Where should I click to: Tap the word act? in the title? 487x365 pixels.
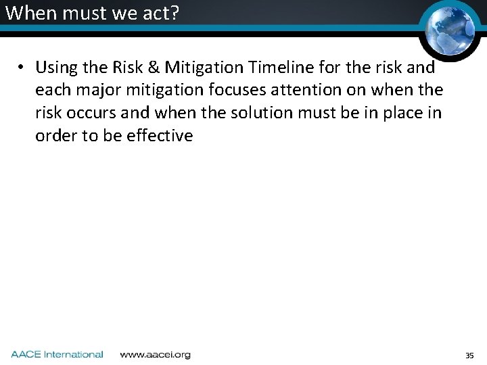click(x=161, y=13)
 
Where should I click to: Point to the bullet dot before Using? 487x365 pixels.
click(x=22, y=68)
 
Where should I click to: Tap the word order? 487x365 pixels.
click(x=56, y=136)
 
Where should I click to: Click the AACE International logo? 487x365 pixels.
click(x=57, y=354)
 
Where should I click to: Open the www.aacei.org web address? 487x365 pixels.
click(x=155, y=354)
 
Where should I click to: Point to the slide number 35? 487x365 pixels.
click(x=469, y=355)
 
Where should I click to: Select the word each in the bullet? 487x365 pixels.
click(x=53, y=90)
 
